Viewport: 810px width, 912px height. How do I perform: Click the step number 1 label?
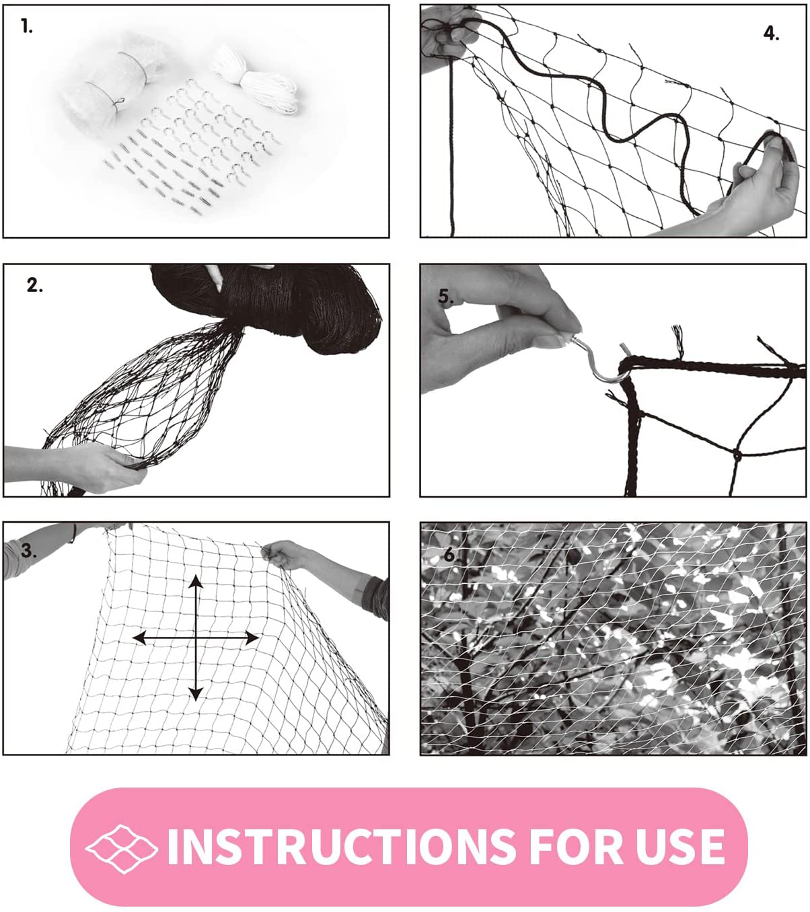(x=26, y=27)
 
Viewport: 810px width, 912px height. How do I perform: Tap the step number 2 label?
(x=34, y=285)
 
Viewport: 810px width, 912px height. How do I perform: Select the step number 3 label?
(x=28, y=550)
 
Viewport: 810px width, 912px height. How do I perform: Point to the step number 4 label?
(x=771, y=33)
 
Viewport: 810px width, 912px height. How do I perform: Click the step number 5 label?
(x=445, y=297)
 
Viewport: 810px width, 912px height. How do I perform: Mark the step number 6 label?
(x=450, y=556)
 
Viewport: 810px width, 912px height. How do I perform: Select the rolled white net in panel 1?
(x=111, y=87)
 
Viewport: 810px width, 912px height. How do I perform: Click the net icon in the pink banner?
(x=121, y=847)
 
